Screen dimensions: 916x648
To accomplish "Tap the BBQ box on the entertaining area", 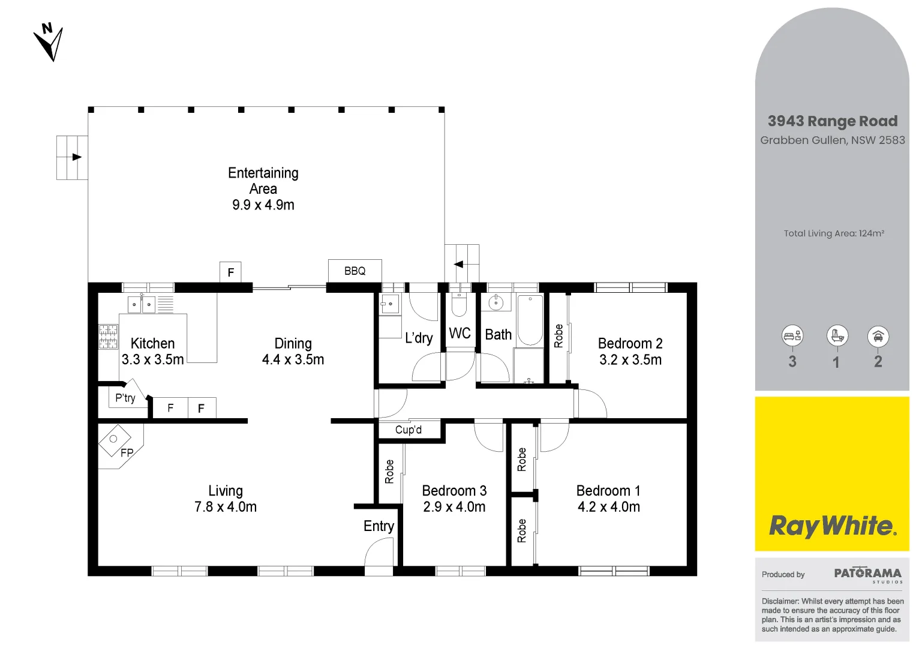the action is point(355,271).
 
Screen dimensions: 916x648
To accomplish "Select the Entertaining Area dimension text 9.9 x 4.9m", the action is point(263,205).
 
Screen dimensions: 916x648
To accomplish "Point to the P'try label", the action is point(125,398).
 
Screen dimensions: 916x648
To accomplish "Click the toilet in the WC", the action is point(459,305).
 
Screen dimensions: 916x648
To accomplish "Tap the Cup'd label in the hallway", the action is point(409,430).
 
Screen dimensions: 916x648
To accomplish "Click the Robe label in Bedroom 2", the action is point(558,336).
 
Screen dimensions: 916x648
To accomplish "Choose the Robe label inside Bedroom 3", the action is point(389,472).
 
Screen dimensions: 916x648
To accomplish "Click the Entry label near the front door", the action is point(379,526).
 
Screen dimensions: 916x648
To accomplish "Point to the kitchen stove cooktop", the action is point(108,337).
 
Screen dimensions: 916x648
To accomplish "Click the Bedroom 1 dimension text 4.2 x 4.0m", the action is point(608,507).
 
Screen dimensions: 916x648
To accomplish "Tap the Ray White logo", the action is point(832,526).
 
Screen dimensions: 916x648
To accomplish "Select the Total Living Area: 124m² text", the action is point(834,233).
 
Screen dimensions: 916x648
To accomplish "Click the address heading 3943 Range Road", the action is point(833,121).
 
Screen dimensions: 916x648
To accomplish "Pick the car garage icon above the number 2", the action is point(878,336).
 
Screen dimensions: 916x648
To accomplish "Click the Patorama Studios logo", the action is point(867,574).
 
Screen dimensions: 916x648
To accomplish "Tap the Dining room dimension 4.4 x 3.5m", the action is point(293,359).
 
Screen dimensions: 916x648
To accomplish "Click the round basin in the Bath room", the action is point(495,303).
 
